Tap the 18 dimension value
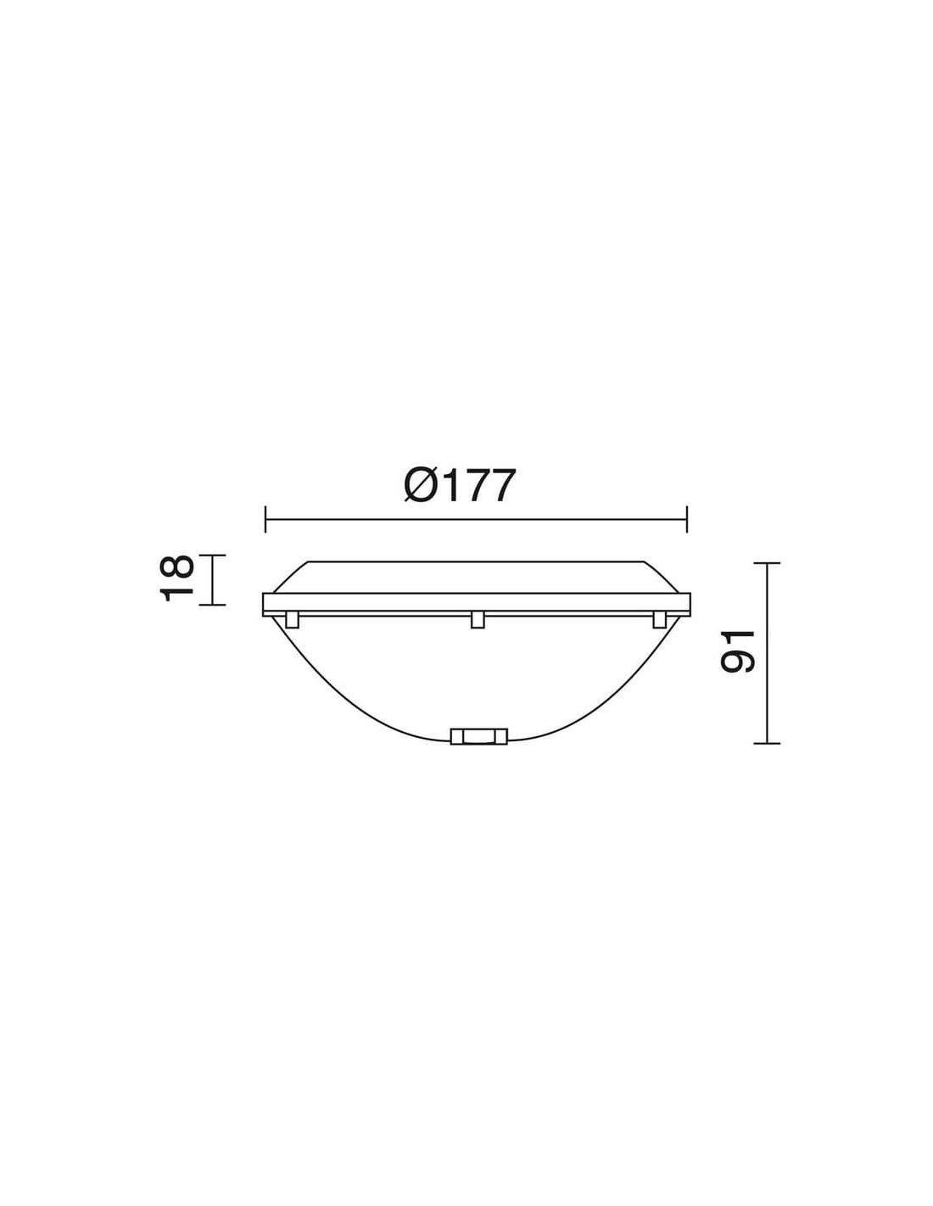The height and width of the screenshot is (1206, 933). click(x=177, y=578)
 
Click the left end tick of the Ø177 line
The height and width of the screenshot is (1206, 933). click(x=265, y=519)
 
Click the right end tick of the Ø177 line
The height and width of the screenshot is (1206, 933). click(x=687, y=519)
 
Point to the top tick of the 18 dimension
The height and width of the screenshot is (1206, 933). click(x=212, y=555)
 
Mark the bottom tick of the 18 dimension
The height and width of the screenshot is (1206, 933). click(x=212, y=605)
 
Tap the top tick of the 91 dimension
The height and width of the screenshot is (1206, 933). click(x=767, y=563)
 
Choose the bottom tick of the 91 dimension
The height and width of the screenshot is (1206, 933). click(x=767, y=743)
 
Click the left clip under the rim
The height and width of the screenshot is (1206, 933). click(x=292, y=619)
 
